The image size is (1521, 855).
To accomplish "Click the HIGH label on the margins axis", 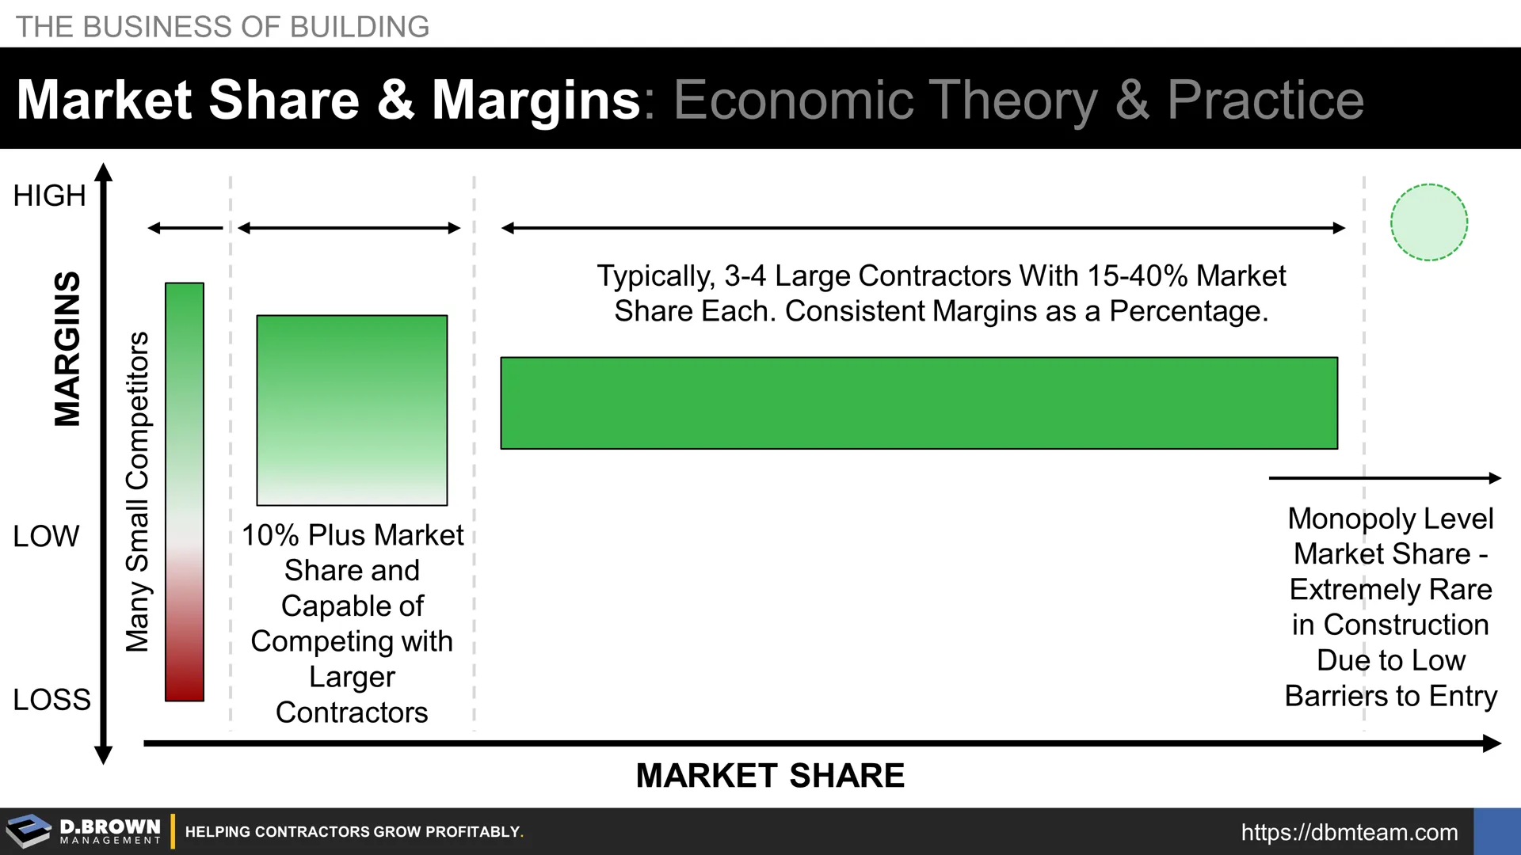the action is pos(49,196).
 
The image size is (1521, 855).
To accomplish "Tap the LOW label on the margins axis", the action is pos(46,536).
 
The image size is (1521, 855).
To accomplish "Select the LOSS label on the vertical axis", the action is pos(51,700).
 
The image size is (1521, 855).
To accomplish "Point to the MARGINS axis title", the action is pos(67,348).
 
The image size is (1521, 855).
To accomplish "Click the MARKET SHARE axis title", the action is pos(770,776).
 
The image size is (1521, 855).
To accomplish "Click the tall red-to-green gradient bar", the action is pos(185,492).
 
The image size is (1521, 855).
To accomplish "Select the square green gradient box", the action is pos(352,410).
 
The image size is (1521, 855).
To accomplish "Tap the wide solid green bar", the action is pos(919,403).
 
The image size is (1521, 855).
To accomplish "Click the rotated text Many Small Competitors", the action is pos(138,492).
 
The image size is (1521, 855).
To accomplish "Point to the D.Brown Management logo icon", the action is pos(29,831).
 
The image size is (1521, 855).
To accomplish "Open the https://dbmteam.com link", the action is pos(1349,832).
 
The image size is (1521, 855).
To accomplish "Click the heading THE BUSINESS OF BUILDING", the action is pos(223,27).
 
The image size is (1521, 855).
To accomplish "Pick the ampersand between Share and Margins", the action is pos(395,101).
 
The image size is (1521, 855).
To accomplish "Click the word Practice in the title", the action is pos(1265,101).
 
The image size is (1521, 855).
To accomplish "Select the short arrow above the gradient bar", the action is pos(185,228).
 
